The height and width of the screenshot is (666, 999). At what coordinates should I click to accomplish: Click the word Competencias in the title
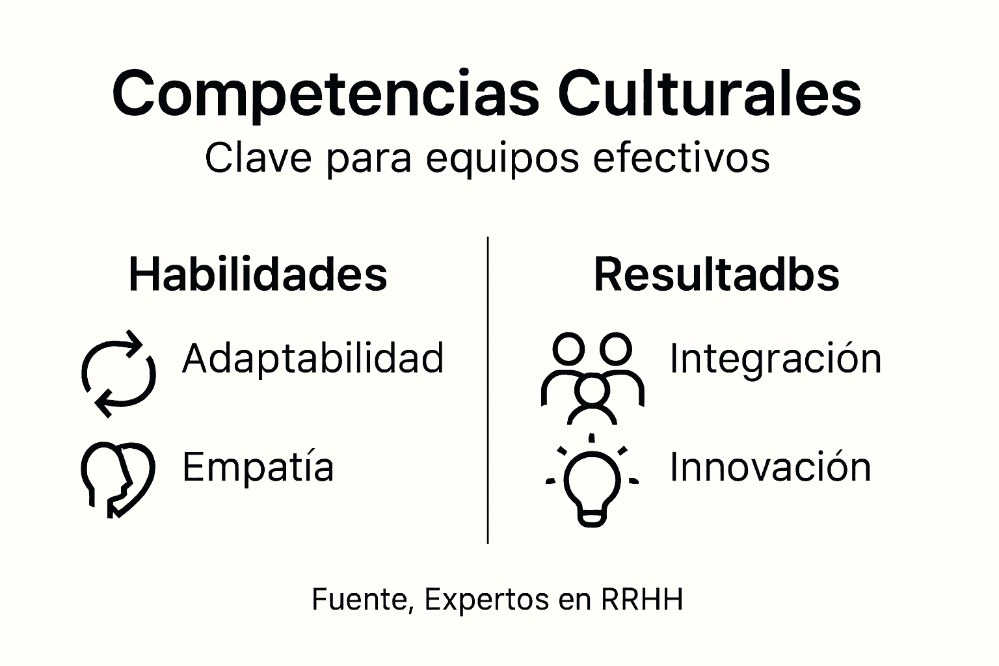point(325,95)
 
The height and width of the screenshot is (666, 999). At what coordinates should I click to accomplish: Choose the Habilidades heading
point(258,274)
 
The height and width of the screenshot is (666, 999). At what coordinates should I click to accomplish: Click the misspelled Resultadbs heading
point(716,274)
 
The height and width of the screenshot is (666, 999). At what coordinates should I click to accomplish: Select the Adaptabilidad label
point(313,358)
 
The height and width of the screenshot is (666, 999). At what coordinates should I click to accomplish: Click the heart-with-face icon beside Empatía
point(117,479)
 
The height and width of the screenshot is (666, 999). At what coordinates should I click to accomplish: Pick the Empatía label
point(258,468)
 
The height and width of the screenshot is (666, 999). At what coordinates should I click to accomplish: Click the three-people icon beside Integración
point(592,378)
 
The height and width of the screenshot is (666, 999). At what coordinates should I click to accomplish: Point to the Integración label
point(775,358)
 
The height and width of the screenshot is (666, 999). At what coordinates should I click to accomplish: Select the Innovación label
point(770,468)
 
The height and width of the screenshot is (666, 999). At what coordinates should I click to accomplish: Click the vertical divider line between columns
point(488,390)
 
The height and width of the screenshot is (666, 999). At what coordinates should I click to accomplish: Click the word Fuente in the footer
point(362,600)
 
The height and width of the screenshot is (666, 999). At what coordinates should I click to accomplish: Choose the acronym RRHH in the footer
point(642,600)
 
